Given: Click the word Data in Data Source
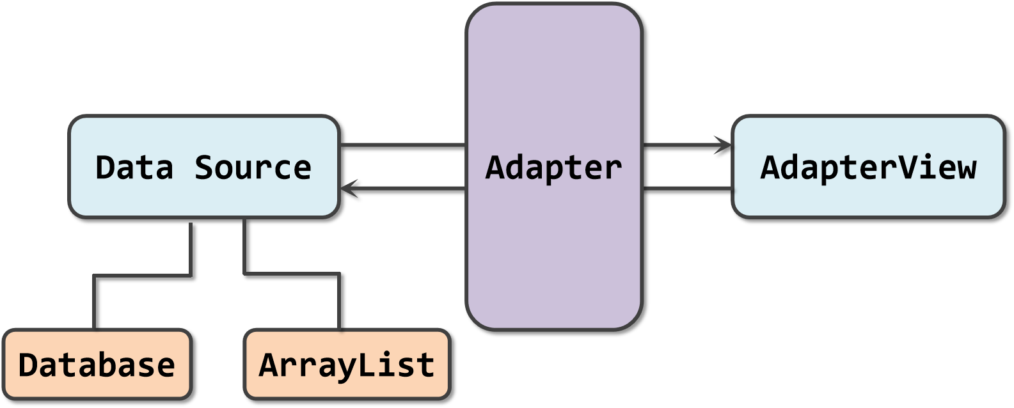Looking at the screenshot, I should (x=134, y=168).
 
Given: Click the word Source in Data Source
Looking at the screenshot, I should (x=253, y=168).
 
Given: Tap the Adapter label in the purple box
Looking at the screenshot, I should (x=553, y=168).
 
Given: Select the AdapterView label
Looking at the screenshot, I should (x=868, y=168).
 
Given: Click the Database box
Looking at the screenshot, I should (x=97, y=365).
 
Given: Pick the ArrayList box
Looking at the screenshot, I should (x=347, y=365).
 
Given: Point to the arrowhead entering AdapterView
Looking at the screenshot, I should (x=724, y=145).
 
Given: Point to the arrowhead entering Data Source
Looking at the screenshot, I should (x=348, y=188).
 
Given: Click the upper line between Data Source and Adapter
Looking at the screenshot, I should (x=403, y=145).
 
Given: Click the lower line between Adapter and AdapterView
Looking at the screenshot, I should (x=688, y=188).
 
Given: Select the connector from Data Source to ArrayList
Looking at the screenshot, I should (x=291, y=274).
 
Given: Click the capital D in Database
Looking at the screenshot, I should (x=29, y=365).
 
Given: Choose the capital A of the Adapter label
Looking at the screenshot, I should (x=496, y=168).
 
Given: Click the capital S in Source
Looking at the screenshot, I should (x=205, y=168).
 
